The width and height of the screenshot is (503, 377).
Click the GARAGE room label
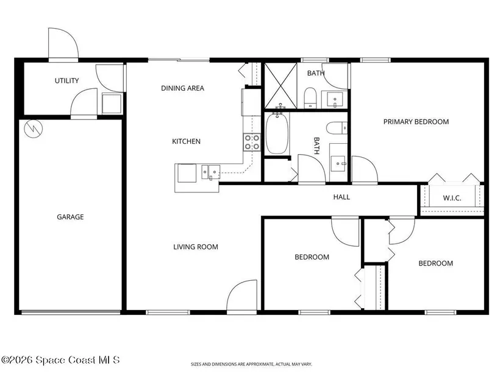pos(70,217)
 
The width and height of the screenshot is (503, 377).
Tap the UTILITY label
pos(66,81)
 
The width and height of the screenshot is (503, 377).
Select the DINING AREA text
pos(182,88)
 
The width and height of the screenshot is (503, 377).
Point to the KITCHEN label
pos(186,141)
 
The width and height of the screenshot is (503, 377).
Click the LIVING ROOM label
pos(196,247)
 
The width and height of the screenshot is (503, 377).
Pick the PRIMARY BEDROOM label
pos(416,122)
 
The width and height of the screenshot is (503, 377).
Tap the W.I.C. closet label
pos(452,198)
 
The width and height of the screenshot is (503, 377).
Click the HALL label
pos(341,197)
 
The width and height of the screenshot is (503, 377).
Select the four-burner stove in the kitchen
pos(252,143)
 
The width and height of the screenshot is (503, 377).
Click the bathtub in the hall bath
pos(277,133)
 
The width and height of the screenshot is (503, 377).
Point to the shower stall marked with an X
pos(280,86)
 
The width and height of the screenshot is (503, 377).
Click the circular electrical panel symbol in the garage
pos(34,129)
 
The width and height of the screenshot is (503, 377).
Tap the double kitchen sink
pos(210,172)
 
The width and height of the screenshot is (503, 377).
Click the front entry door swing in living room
pos(241,295)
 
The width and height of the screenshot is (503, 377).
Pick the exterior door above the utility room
pos(63,44)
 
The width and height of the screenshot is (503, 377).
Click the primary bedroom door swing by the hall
pos(365,170)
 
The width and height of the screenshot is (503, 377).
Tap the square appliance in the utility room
pos(112,104)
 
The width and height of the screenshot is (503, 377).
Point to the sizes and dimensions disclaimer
pos(251,364)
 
